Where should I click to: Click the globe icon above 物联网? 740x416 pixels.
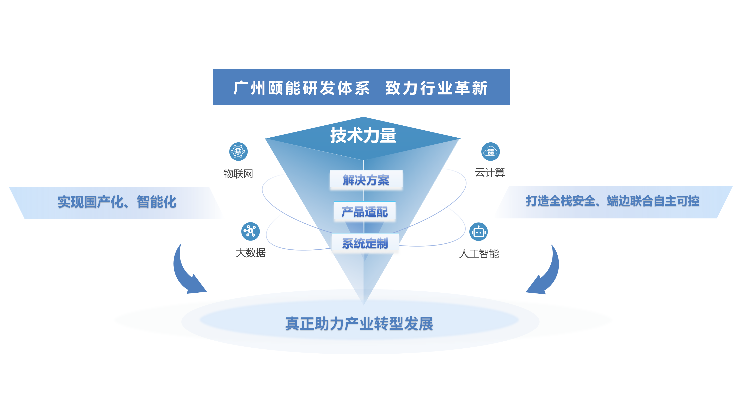coord(238,151)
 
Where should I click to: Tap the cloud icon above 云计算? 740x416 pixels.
coord(490,151)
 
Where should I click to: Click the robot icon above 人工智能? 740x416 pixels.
coord(478,231)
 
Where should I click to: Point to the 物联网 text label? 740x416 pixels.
coord(238,174)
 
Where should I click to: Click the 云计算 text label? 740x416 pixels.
coord(490,173)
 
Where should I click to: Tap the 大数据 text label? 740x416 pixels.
coord(251,253)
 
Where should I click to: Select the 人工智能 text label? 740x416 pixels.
coord(479,254)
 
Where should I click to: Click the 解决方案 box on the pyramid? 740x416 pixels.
coord(366,180)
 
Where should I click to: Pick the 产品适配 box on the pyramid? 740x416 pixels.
coord(365,212)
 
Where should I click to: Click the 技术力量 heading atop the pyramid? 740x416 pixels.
coord(363,136)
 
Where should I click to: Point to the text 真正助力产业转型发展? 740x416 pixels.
coord(359,324)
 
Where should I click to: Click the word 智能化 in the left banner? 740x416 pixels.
coord(157,202)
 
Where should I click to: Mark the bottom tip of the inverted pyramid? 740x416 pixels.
coord(364,304)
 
